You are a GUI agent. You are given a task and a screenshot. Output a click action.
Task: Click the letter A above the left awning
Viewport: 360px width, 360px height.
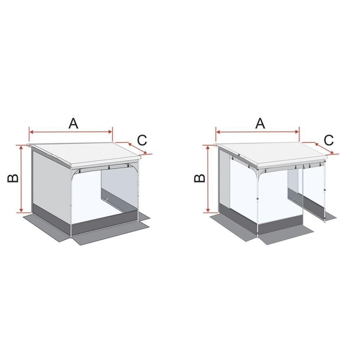point(73,123)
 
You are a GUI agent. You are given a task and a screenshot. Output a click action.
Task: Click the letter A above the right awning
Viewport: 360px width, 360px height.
point(260,123)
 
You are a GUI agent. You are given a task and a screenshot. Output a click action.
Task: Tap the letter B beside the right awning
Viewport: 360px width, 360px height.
point(200,177)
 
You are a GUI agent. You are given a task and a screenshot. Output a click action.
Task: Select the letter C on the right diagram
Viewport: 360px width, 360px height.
point(329,140)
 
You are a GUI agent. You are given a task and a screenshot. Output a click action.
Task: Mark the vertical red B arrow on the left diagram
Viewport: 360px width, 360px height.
point(22,180)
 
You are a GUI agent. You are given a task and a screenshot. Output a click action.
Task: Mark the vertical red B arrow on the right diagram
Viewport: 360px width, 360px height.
point(208,180)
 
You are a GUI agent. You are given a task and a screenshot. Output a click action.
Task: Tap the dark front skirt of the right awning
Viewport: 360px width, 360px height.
point(281,227)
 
